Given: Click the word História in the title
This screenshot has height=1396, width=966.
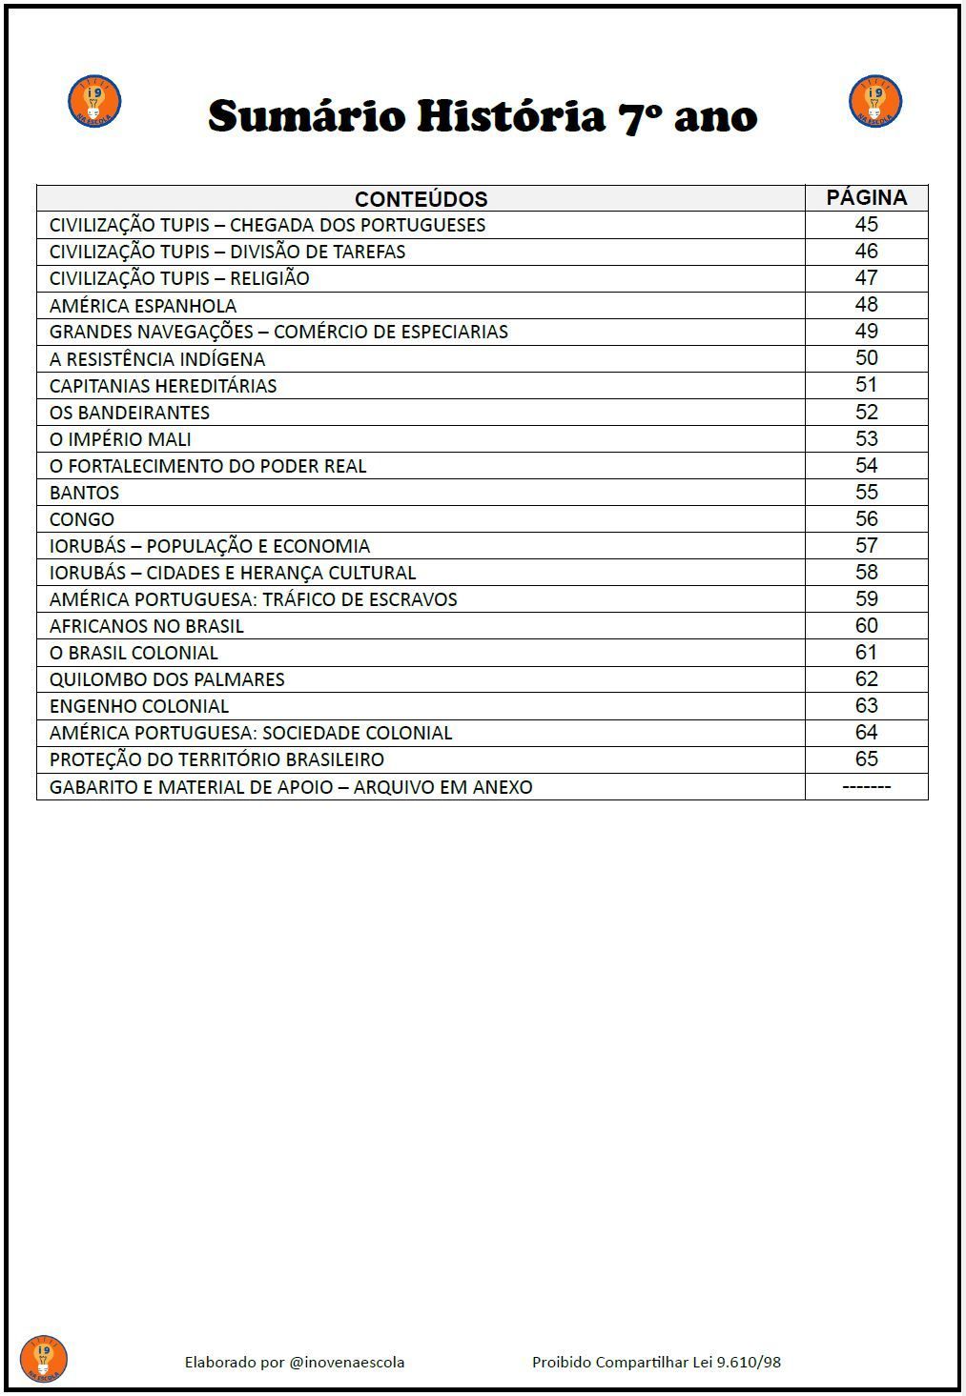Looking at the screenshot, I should pos(512,117).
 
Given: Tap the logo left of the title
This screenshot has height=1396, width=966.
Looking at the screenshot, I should pos(94,101).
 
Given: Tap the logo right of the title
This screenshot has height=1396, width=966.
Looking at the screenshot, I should pos(874,101).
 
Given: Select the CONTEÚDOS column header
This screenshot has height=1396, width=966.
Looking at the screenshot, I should pos(421,199).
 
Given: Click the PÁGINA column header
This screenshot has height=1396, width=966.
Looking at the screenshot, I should pos(866,198).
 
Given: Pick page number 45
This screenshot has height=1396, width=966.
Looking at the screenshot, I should pos(866,225).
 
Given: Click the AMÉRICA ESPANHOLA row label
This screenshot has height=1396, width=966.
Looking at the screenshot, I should pos(143,306).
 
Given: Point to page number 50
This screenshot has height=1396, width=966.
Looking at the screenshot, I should pos(866,358).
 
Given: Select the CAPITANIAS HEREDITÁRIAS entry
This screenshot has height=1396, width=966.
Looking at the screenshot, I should pos(163,386).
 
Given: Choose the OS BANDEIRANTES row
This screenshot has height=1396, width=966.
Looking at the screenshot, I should pos(130,413).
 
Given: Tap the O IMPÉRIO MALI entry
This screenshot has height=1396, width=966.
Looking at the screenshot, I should pos(120,439).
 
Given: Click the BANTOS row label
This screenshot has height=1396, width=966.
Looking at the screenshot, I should pos(85,493).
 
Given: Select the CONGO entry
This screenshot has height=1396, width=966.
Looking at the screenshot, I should pos(82,519).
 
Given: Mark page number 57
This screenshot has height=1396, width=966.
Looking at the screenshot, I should pos(866,546).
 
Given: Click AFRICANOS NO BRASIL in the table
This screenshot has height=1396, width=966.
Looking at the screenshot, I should pos(147,626).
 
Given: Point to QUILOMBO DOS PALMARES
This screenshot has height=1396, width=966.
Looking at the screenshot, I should pos(167,679).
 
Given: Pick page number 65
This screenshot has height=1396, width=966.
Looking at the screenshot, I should pos(866,759).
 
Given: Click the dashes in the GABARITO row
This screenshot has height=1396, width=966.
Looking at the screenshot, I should pos(866,787).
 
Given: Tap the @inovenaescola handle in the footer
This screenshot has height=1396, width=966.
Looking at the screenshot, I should pos(346,1363).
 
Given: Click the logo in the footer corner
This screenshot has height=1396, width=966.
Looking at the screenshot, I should pos(44,1359).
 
